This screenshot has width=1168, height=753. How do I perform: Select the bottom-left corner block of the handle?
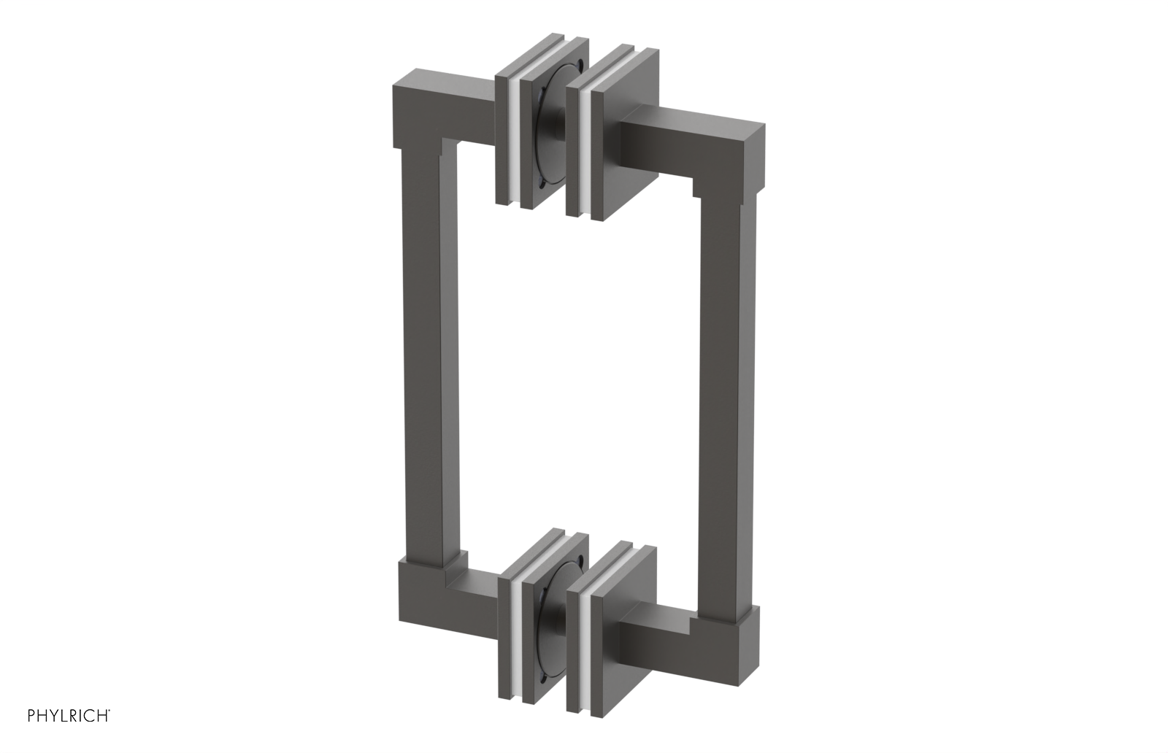pyautogui.click(x=418, y=606)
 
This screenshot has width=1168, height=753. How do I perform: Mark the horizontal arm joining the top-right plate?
pyautogui.click(x=657, y=142)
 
